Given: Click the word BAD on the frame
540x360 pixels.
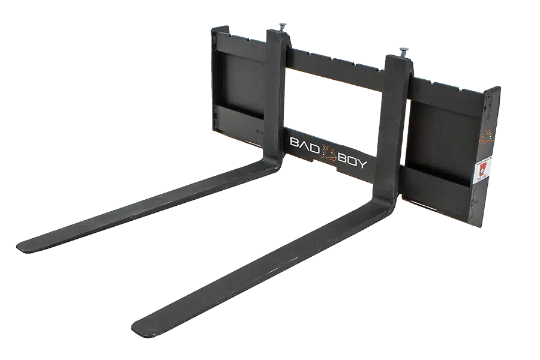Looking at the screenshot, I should pos(304,145).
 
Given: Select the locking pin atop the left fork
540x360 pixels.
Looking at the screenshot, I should pos(280,28).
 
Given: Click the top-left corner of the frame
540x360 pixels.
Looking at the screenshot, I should pos(213,28).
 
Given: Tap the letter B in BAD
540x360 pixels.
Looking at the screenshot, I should pos(293,142).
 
